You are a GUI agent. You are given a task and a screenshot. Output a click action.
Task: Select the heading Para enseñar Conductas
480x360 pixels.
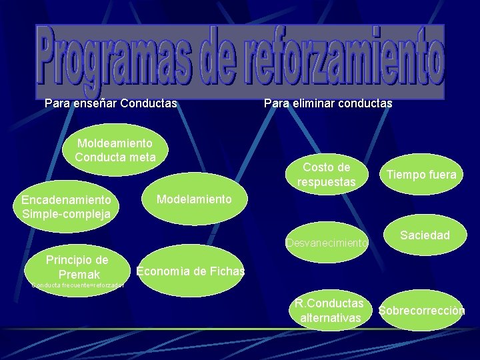tap(111, 104)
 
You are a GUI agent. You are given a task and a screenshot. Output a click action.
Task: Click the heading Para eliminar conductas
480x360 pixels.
tap(328, 104)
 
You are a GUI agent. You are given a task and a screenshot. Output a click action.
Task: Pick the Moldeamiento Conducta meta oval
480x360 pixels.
tap(115, 150)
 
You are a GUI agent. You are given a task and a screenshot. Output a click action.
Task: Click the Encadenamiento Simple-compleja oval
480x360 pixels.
tap(66, 207)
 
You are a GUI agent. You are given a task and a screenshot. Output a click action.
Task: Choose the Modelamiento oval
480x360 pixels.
tap(193, 199)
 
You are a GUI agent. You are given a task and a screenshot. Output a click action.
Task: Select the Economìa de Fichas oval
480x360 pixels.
tap(189, 271)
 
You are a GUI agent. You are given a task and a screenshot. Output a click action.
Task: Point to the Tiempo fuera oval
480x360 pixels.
tap(419, 175)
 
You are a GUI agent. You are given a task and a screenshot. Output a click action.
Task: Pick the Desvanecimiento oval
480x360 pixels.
tap(327, 243)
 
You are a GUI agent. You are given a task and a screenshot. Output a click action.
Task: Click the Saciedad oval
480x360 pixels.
tap(425, 235)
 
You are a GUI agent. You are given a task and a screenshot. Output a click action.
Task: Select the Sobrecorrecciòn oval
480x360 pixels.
tap(421, 311)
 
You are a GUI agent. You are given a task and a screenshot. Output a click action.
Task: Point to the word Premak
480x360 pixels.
tap(79, 275)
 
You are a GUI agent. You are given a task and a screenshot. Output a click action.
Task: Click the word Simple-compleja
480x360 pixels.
tap(66, 214)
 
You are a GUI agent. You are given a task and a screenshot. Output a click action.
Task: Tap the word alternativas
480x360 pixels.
tap(331, 319)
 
